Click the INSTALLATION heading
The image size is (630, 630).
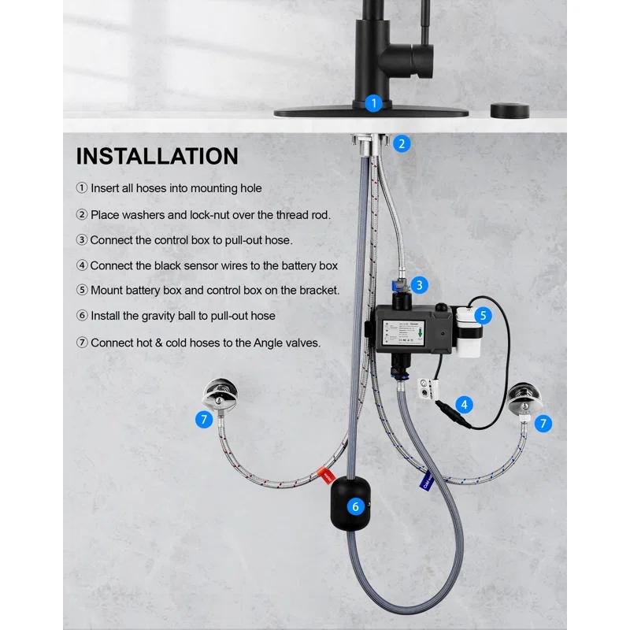pos(157,156)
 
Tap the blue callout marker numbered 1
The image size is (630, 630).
pos(374,102)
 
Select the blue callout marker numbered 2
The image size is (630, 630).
pos(402,143)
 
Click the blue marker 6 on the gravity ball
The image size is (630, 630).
pos(355,506)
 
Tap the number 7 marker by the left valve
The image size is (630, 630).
pos(204,420)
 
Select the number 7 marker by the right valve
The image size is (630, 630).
pos(543,423)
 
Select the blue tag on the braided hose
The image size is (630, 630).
pos(414,476)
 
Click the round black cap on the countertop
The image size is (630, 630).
pos(506,109)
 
